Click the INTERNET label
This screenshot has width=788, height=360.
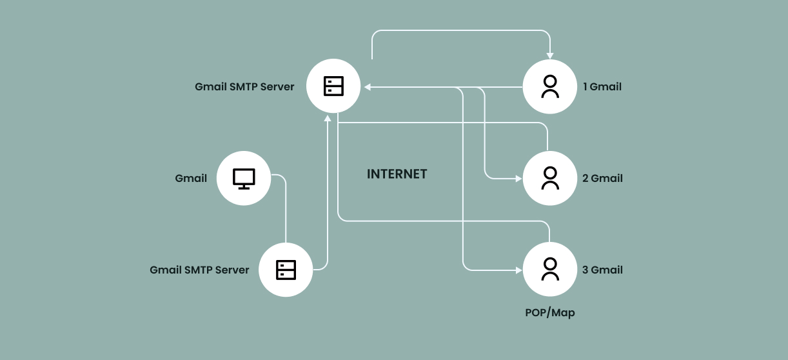click(397, 174)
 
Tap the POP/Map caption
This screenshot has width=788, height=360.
click(549, 313)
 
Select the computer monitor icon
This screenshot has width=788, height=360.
click(244, 178)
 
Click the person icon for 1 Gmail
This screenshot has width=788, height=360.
click(550, 86)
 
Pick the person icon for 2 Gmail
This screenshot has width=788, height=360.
click(550, 178)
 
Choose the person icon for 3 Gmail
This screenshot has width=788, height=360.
click(550, 270)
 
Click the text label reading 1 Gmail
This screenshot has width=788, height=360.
click(602, 86)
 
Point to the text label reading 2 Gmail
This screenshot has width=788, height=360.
click(602, 178)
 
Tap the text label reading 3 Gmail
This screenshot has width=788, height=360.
click(602, 270)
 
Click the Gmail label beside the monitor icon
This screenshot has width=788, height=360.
click(191, 178)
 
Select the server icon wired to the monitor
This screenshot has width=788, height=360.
click(286, 270)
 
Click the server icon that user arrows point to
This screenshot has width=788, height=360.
click(333, 86)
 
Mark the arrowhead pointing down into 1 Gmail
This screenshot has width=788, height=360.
click(549, 55)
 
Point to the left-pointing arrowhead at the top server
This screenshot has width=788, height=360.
click(367, 86)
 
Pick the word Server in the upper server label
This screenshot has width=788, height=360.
click(277, 86)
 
